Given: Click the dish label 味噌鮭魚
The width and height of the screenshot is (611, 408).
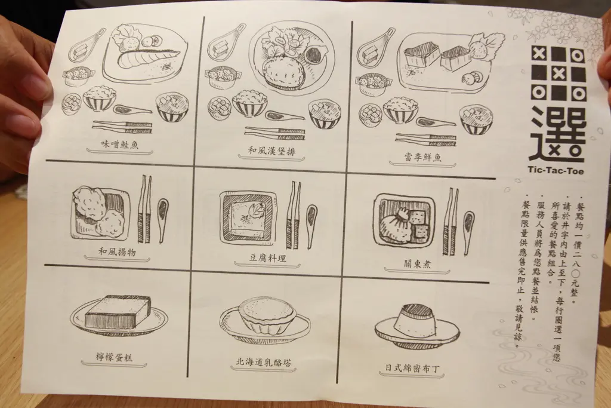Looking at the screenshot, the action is (x=119, y=145).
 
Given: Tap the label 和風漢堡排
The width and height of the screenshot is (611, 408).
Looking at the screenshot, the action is (x=271, y=151).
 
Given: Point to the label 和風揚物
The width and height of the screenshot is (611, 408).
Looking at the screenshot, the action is (x=117, y=252).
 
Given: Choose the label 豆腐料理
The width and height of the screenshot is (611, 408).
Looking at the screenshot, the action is (x=268, y=258).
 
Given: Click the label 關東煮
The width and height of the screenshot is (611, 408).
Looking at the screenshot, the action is (x=417, y=264).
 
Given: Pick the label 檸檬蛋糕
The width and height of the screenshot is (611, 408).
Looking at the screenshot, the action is (x=114, y=357).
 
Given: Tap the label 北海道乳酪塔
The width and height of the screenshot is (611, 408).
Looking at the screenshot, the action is (x=263, y=362).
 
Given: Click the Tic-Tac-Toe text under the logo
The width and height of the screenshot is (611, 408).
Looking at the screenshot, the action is (x=556, y=170).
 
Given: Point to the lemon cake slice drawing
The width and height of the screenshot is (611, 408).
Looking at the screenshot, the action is (x=118, y=311).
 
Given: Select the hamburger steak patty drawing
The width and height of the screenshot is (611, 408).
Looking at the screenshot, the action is (x=282, y=72).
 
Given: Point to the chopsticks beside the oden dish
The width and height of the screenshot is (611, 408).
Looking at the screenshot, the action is (x=450, y=222).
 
